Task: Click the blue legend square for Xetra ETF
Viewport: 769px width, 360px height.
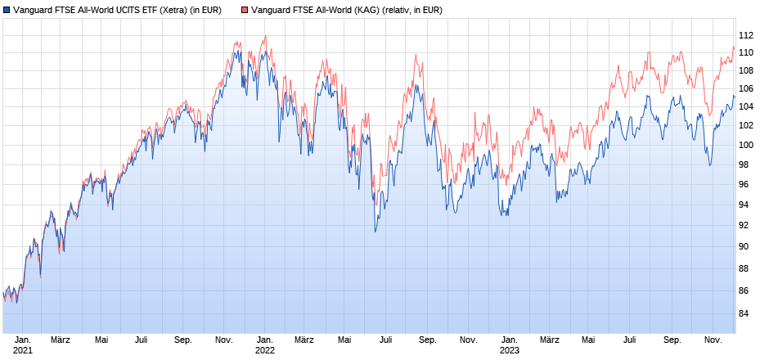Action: (7, 11)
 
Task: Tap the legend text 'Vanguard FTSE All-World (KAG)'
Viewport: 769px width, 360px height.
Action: (315, 11)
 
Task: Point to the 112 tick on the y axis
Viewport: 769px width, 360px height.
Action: (745, 36)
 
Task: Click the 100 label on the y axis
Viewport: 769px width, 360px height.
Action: (745, 146)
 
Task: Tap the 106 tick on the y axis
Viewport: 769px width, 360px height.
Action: (745, 89)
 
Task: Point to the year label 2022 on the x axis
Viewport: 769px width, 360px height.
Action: (265, 351)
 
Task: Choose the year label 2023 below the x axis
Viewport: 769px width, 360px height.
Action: (509, 351)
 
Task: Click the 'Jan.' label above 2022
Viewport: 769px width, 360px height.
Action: (265, 340)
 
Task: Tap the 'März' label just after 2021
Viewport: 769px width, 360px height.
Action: (61, 340)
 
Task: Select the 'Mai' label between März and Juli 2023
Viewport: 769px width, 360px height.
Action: (588, 340)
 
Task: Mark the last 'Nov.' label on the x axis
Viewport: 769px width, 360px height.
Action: (713, 340)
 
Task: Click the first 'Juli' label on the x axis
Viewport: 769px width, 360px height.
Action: (142, 340)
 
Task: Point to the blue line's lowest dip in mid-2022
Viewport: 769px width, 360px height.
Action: (376, 232)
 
